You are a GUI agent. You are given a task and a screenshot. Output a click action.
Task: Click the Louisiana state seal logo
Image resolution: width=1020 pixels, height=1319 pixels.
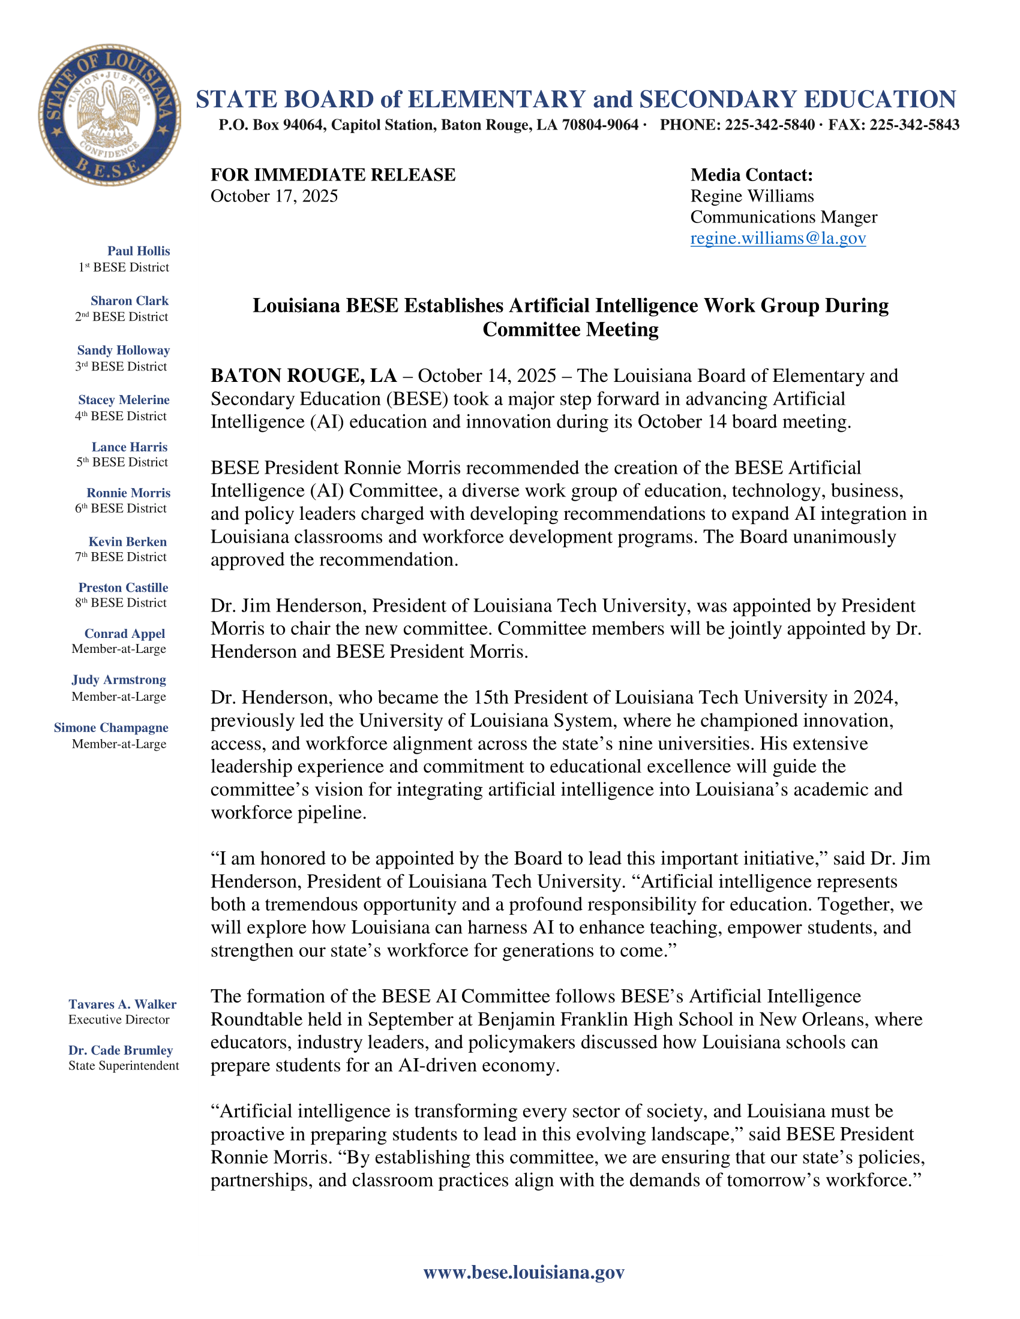tap(109, 115)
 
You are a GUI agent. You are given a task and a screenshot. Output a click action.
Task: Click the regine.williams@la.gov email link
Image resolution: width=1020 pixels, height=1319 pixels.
tap(778, 238)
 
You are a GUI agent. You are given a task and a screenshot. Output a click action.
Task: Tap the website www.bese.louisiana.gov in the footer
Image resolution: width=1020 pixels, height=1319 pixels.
tap(523, 1272)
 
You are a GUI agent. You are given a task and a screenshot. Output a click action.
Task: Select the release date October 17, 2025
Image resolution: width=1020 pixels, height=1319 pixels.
tap(274, 196)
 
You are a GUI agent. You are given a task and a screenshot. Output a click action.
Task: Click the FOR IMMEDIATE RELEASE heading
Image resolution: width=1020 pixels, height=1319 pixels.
tap(332, 175)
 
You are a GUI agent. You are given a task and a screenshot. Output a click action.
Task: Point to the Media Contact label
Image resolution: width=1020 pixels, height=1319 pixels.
tap(751, 175)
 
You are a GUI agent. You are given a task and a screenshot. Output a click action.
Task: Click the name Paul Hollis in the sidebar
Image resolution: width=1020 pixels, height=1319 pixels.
tap(139, 251)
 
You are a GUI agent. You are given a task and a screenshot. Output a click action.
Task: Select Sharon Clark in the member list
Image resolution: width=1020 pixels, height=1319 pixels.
tap(130, 301)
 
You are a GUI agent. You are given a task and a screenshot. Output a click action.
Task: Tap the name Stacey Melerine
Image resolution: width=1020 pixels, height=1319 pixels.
tap(123, 400)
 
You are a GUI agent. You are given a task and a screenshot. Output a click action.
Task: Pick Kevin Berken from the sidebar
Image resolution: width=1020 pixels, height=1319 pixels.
tap(127, 542)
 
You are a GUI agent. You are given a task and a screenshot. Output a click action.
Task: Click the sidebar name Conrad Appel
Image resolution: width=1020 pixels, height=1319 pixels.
tap(124, 634)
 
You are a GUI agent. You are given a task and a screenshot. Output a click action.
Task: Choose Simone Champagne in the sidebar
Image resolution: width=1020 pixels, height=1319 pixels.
tap(110, 728)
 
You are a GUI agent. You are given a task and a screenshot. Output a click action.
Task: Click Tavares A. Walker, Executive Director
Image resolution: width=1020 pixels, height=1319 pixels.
tap(122, 1004)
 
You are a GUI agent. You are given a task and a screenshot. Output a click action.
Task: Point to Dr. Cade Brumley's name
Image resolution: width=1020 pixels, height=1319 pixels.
tap(120, 1050)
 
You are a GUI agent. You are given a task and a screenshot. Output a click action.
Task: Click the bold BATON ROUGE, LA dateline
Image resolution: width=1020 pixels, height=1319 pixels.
tap(304, 376)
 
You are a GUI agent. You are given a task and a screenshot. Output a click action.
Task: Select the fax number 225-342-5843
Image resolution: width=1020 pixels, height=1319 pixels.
tap(914, 125)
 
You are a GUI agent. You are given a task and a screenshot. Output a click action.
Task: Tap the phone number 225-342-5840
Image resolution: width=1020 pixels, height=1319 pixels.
tap(770, 125)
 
